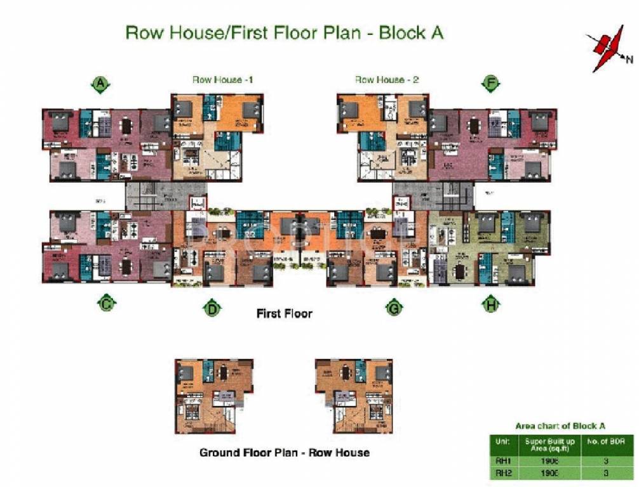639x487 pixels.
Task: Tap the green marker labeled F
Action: tap(491, 83)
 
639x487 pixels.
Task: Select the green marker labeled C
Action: tap(106, 304)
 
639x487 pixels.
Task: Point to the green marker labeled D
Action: tap(212, 309)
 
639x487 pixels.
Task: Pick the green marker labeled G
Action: tap(394, 309)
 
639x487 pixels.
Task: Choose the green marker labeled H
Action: tap(490, 305)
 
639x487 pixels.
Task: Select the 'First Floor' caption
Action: tap(284, 313)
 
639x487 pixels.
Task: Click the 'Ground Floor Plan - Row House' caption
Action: tap(284, 452)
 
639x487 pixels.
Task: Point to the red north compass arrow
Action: tap(604, 49)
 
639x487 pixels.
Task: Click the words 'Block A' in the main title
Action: tap(411, 33)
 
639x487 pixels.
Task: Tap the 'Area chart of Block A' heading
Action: tap(559, 425)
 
